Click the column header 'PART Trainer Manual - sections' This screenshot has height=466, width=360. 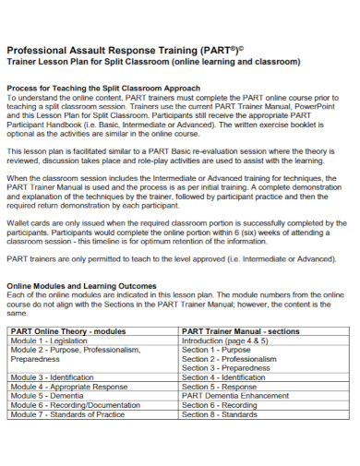(239, 329)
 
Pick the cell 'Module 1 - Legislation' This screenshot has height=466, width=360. (48, 340)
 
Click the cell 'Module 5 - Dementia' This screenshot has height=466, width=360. (45, 396)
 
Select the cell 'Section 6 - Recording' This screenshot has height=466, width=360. (220, 405)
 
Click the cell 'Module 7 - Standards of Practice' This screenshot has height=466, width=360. (66, 415)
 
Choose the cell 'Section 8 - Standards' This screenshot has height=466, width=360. (220, 415)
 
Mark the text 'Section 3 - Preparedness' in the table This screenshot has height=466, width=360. (227, 367)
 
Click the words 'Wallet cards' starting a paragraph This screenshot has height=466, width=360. (28, 221)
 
